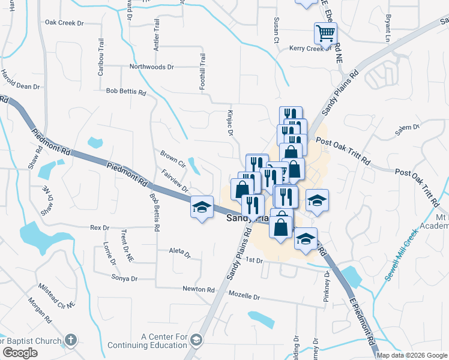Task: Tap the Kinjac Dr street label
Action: coord(229,122)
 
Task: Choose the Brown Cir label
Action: coord(173,158)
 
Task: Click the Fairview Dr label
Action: coord(175,181)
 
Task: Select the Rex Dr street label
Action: coord(99,228)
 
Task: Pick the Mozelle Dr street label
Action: coord(244,296)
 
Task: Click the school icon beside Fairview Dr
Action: coord(202,207)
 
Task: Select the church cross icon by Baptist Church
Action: coord(71,340)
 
